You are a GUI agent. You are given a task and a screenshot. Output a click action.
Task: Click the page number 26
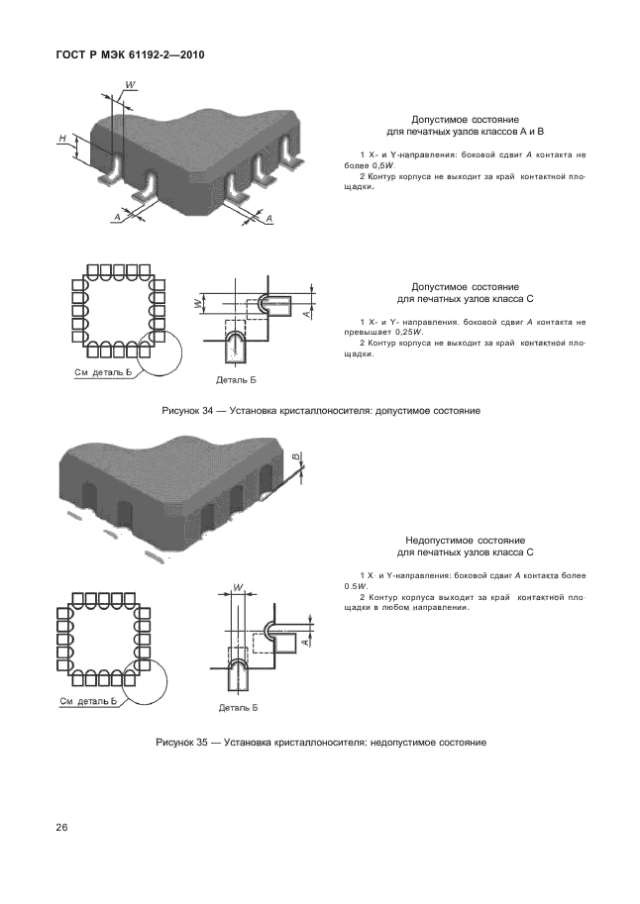(61, 828)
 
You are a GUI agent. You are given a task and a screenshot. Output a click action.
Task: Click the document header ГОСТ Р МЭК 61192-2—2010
(131, 55)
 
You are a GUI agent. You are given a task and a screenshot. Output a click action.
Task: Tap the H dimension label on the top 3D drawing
(62, 138)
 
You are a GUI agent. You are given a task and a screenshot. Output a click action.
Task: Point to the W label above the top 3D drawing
(131, 85)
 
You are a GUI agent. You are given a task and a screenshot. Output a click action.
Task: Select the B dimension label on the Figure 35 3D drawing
(295, 457)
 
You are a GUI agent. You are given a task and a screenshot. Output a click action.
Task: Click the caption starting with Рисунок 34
(321, 411)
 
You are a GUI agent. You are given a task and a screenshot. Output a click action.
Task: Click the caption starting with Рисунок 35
(321, 743)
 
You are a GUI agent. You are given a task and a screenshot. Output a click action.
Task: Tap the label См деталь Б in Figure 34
(103, 372)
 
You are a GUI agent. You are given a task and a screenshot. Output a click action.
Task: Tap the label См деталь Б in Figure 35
(88, 701)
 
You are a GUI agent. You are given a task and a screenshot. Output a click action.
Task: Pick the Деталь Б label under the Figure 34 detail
(236, 380)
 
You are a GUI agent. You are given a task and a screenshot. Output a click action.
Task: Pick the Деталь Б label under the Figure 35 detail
(239, 707)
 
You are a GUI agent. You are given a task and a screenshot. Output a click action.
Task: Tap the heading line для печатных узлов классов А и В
(466, 132)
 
